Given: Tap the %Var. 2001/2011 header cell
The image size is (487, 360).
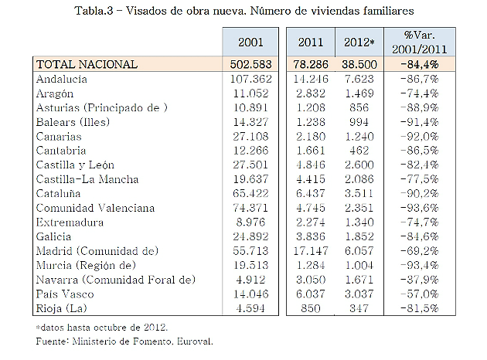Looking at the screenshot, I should point(421,42).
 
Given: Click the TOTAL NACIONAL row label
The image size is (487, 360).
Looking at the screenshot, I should point(87,65).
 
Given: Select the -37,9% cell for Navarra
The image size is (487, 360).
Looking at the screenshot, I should point(421,279).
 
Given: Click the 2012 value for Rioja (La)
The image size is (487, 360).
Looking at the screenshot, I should point(361,307).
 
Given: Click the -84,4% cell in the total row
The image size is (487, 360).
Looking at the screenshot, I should point(421,65).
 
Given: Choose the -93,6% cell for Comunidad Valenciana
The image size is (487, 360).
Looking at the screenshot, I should point(421,208).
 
